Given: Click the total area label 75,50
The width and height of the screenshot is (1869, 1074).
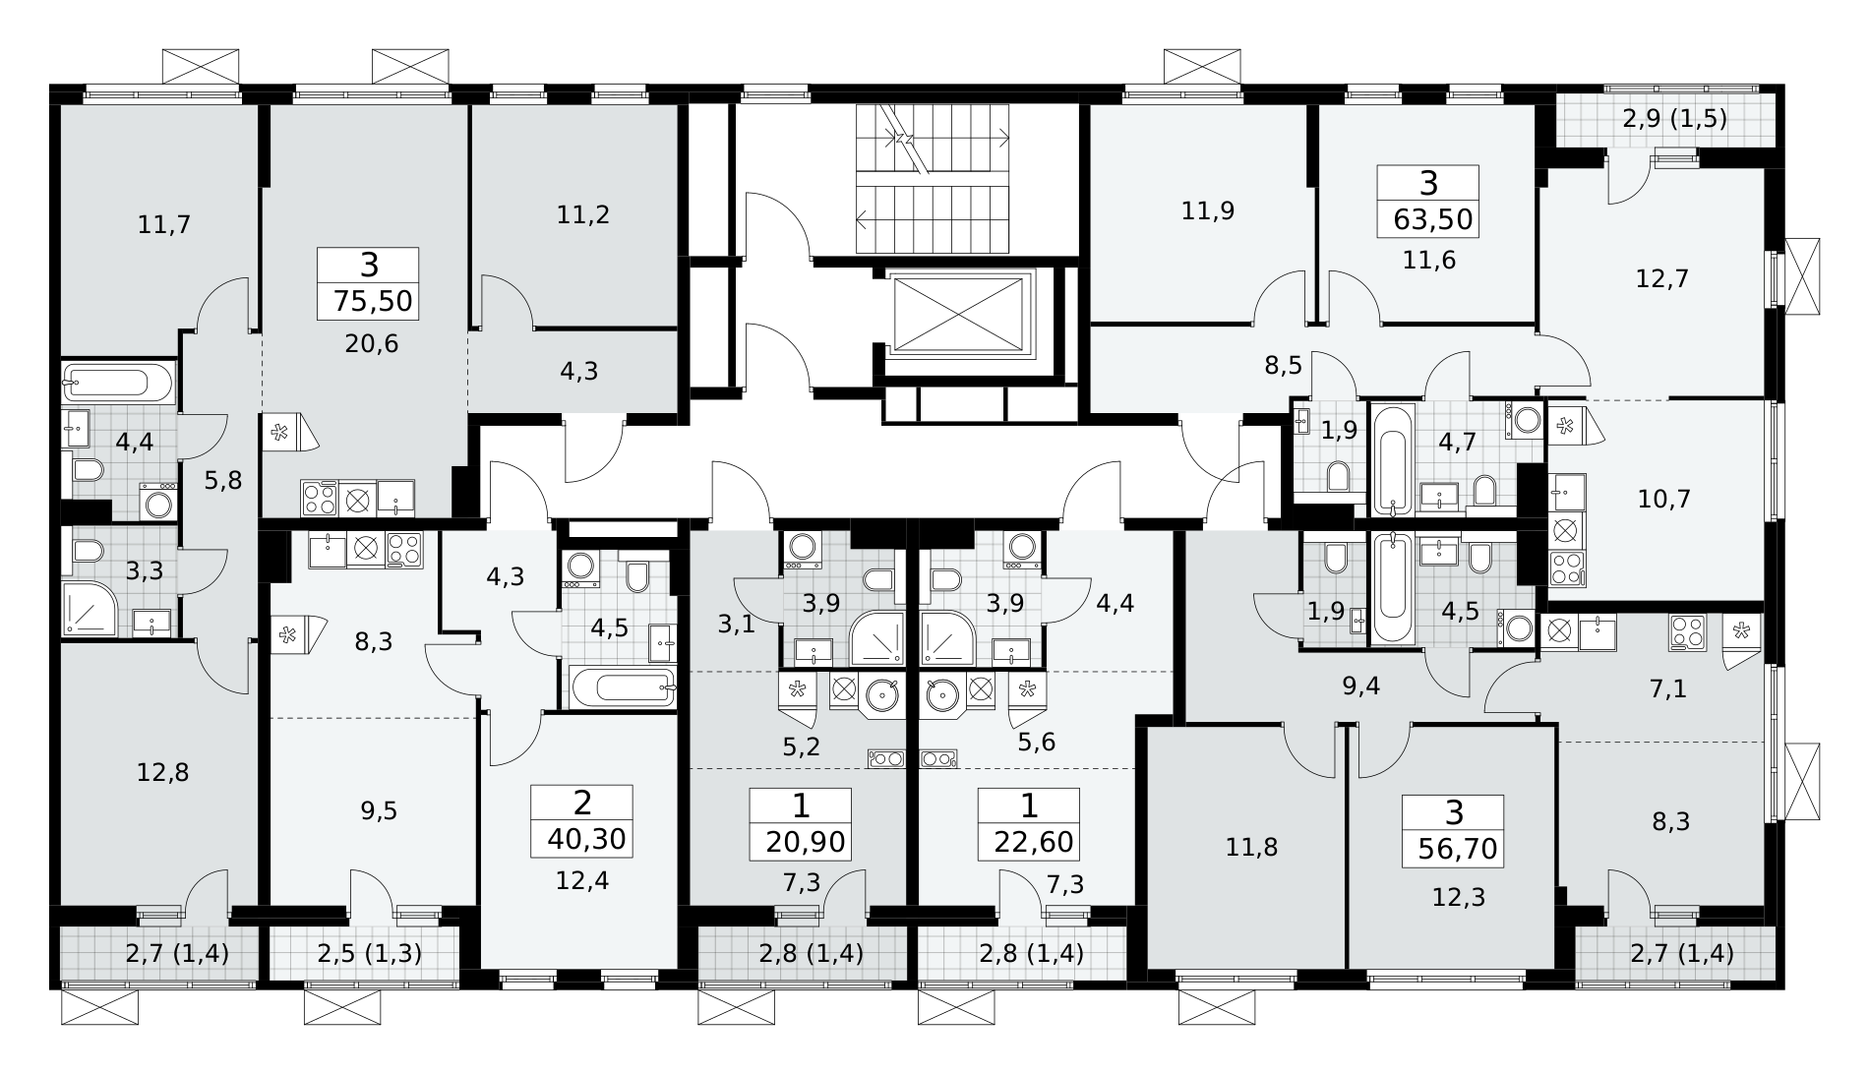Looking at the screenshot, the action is tap(368, 300).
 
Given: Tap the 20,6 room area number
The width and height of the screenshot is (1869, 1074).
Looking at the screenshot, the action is tap(371, 343).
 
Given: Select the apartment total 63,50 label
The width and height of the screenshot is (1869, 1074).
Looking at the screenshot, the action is tap(1433, 218).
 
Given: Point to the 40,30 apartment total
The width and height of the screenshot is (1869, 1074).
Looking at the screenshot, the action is tap(582, 839).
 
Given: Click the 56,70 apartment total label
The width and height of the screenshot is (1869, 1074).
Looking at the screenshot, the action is tap(1460, 848).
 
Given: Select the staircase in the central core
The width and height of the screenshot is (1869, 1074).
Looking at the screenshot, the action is tap(934, 177).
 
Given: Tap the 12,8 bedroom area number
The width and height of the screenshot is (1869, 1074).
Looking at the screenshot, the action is tap(162, 772).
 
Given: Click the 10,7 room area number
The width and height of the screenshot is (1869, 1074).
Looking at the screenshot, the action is tap(1663, 499).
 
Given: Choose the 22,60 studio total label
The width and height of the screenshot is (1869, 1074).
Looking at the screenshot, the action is tap(1029, 842).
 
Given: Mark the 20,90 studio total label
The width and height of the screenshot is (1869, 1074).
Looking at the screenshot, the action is tap(801, 842).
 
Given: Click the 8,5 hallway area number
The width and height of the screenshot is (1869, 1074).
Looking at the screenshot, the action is tap(1284, 367).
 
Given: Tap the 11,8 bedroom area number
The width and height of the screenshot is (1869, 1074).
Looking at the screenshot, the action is tap(1252, 846).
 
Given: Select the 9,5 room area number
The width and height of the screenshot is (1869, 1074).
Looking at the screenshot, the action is tap(379, 810).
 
